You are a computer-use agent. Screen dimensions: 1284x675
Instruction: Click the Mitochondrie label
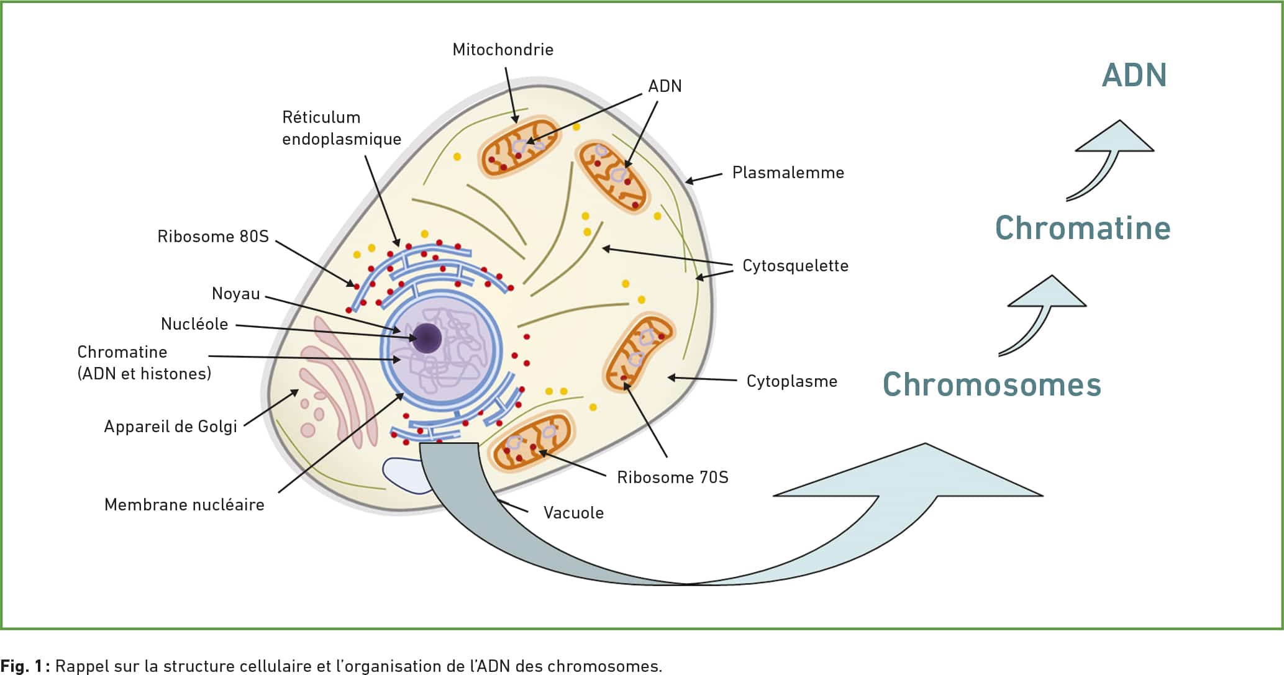coord(503,50)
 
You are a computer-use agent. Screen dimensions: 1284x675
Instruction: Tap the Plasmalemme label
coord(788,173)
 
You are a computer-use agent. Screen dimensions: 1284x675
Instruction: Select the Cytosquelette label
coord(795,266)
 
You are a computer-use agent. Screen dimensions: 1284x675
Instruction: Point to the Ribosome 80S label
coord(213,237)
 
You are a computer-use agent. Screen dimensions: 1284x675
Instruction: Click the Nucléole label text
coord(194,324)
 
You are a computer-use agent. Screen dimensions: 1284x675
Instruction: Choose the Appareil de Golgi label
coord(171,427)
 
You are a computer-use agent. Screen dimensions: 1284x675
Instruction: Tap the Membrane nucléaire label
coord(184,505)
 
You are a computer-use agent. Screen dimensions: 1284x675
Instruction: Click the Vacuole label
coord(573,513)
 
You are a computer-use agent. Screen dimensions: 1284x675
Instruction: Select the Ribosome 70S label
coord(673,478)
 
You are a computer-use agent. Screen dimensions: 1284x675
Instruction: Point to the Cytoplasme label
coord(792,381)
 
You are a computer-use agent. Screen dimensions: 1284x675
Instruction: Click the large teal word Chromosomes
coord(992,384)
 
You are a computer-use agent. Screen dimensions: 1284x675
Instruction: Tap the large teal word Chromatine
coord(1083,228)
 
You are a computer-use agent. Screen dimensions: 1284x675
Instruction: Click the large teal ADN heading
coord(1134,75)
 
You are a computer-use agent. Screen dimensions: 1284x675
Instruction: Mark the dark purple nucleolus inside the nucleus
coord(428,338)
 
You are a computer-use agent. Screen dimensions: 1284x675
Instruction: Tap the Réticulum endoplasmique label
coord(342,128)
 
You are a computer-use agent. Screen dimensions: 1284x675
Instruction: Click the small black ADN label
coord(665,86)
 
